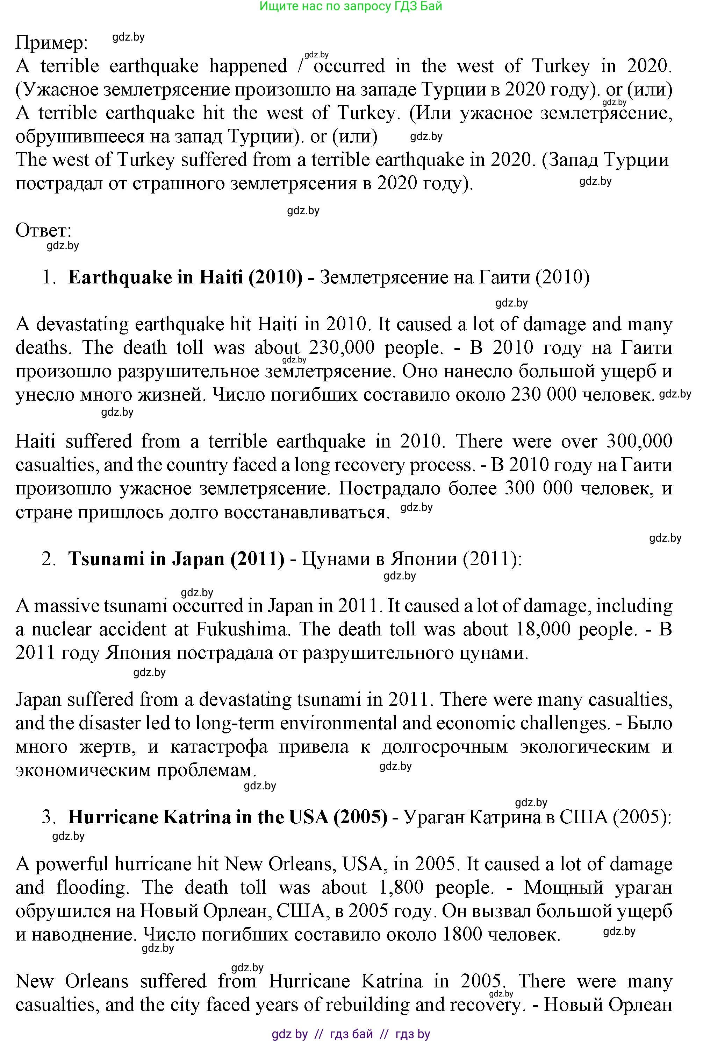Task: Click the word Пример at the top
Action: click(51, 43)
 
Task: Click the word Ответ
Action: click(43, 231)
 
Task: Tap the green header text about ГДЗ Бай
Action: click(351, 6)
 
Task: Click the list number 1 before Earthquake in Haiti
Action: click(49, 277)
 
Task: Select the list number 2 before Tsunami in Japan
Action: click(49, 559)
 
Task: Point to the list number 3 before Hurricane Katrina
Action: click(49, 817)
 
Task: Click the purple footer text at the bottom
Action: click(351, 1034)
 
